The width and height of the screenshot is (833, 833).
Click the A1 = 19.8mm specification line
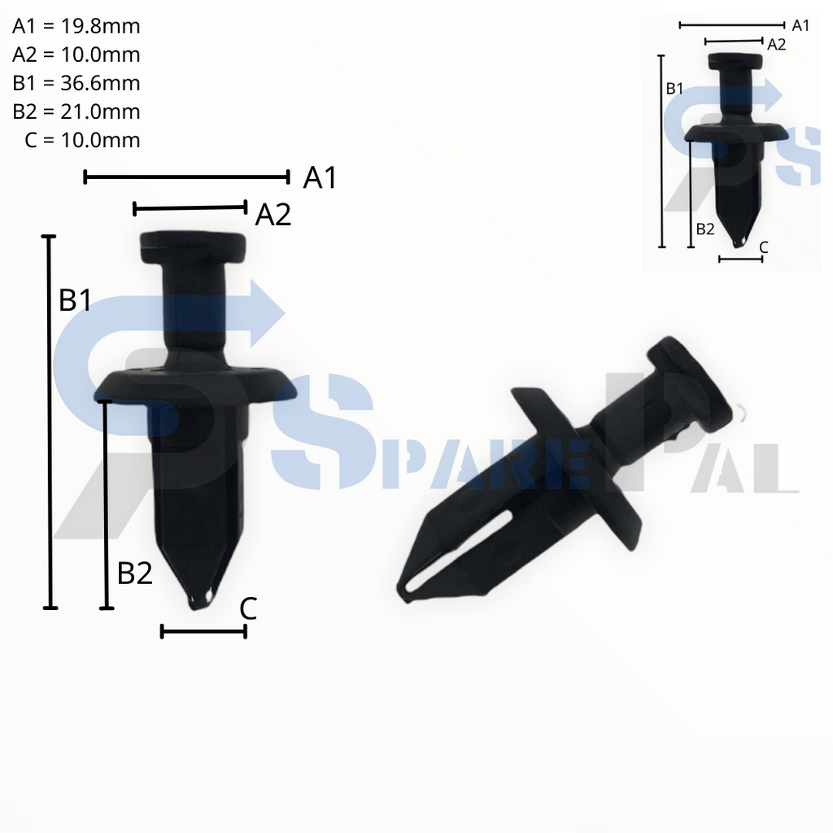76,26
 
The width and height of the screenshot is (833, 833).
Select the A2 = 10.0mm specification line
76,55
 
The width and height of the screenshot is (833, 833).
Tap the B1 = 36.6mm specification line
76,83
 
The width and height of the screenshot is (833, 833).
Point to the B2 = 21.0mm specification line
76,111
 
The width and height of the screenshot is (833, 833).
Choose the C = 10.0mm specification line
82,140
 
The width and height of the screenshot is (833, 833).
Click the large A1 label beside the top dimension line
320,177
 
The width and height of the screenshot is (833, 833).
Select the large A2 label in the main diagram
273,215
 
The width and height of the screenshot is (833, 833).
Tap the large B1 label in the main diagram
75,301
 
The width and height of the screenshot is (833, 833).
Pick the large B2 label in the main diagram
135,574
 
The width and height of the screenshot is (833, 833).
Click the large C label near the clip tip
248,608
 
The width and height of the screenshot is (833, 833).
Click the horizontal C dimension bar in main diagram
203,631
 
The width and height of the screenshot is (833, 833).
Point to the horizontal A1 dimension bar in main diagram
186,177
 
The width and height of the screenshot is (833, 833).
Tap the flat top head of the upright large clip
193,246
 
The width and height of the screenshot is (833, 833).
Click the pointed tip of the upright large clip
199,600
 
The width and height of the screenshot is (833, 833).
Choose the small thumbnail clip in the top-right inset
736,146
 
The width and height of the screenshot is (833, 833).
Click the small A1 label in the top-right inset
800,25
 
